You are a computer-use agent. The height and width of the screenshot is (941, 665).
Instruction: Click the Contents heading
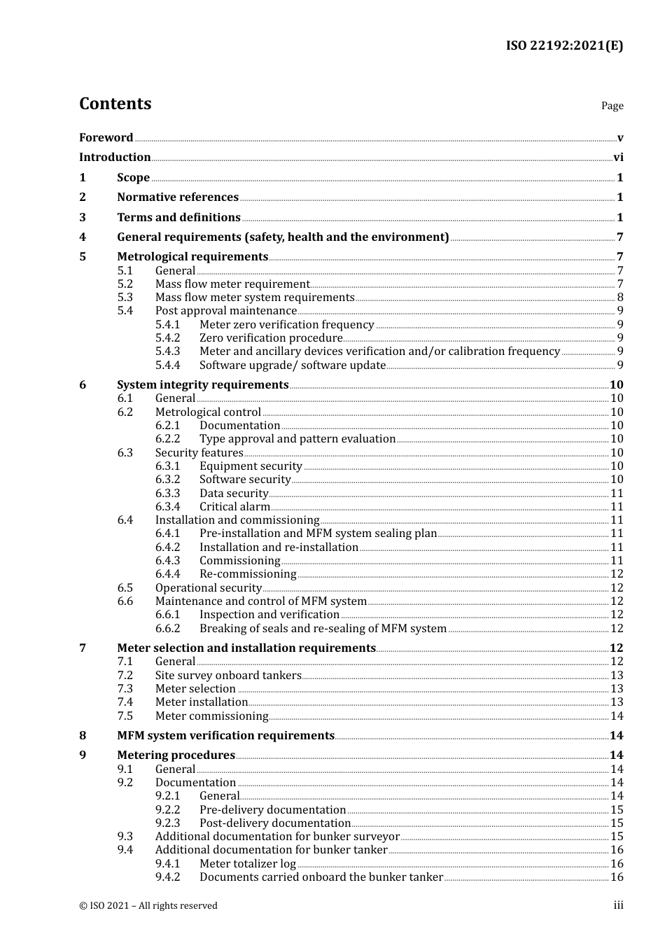pos(115,104)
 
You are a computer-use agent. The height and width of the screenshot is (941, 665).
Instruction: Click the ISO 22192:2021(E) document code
pos(564,46)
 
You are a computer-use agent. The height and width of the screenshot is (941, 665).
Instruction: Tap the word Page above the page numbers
pos(612,106)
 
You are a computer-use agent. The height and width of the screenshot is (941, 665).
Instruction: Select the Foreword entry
pos(106,138)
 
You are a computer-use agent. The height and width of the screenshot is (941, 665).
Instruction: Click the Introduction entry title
pos(115,158)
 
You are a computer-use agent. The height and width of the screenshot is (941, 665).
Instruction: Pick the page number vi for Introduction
pos(618,158)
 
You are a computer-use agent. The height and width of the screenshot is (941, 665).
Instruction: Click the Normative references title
pos(178,197)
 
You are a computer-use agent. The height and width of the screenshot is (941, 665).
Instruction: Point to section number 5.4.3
pos(167,351)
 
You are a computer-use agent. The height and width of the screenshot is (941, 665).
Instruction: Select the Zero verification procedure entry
pos(271,338)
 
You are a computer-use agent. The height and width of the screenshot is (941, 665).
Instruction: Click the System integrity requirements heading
pos(202,385)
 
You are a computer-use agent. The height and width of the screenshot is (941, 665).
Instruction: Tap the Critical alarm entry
pos(234,507)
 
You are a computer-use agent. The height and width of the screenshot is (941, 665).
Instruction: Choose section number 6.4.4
pos(167,574)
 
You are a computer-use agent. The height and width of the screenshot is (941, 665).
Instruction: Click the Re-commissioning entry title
pos(248,574)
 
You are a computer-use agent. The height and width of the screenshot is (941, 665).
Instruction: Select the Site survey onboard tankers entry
pos(228,676)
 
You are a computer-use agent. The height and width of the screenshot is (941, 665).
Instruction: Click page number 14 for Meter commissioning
pos(617,716)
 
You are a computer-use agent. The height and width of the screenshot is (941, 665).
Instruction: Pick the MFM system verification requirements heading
pos(225,736)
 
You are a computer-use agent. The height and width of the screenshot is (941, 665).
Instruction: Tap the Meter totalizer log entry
pos(248,864)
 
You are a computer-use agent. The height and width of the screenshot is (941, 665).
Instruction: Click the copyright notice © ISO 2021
pos(148,906)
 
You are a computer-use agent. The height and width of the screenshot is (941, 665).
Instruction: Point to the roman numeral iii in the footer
pos(618,905)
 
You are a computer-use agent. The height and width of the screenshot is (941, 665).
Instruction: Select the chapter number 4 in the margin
pos(83,237)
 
